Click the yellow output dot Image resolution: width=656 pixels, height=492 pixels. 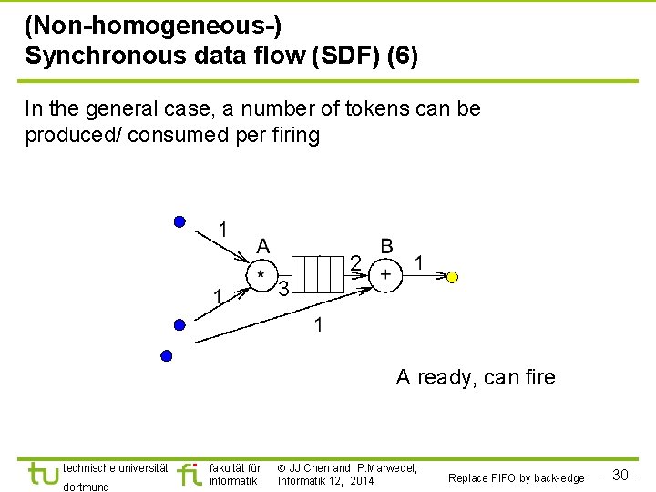coord(453,277)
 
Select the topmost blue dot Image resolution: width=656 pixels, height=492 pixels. coord(179,221)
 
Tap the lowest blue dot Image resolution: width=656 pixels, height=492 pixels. coord(166,355)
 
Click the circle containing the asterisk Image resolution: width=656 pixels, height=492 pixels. coord(261,274)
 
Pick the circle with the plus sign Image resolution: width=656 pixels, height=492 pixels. coord(385,274)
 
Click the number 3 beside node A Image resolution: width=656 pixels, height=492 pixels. coord(283,291)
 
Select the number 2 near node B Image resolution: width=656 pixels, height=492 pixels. coord(355,262)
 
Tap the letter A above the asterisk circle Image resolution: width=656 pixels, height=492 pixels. coord(262,246)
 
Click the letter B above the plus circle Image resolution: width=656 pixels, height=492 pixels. coord(387,246)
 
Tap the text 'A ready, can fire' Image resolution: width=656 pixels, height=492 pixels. coord(475,377)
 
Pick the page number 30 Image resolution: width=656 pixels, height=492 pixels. coord(622,475)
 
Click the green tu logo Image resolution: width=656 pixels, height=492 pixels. coord(43,474)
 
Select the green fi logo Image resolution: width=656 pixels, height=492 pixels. coord(190,474)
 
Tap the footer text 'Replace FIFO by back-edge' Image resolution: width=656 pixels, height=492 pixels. coord(517,477)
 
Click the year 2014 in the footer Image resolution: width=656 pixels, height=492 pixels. coord(360,480)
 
